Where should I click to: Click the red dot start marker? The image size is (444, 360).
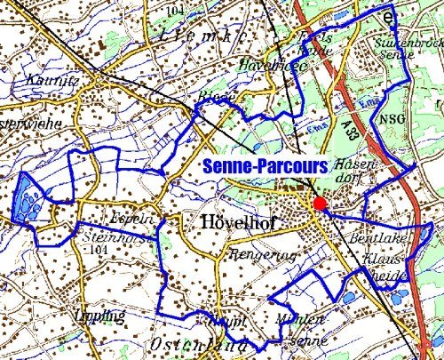click(x=319, y=205)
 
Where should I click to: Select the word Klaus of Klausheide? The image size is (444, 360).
click(x=384, y=263)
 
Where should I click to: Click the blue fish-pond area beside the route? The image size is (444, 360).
click(x=29, y=200)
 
